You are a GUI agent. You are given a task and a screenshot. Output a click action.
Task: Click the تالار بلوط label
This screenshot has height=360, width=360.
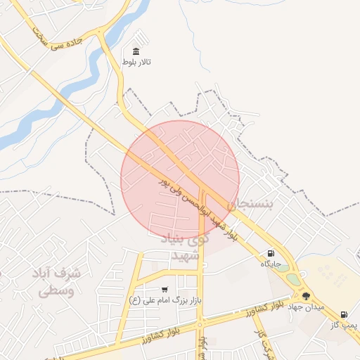point(136,63)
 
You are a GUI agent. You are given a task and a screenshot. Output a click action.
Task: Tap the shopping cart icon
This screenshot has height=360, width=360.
point(165,290)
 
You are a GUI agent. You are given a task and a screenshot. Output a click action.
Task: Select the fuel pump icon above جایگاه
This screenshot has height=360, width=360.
point(271,254)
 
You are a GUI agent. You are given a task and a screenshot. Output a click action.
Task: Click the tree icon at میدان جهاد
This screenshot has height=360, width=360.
point(306,296)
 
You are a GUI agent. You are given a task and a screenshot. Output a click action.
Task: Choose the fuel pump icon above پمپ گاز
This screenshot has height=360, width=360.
point(344,314)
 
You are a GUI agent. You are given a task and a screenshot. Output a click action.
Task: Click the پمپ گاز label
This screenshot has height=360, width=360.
point(345,325)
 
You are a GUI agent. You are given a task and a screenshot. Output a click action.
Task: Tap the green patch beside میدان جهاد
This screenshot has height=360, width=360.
point(292,280)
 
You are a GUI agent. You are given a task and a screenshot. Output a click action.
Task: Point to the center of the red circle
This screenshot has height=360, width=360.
point(180,179)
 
